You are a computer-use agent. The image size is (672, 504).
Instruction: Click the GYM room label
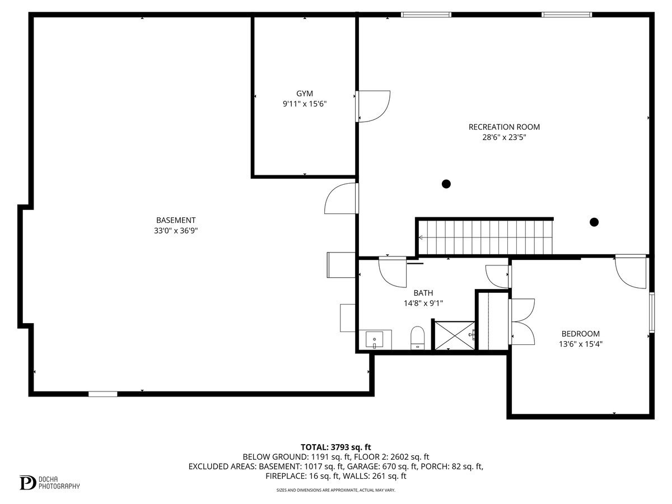305,94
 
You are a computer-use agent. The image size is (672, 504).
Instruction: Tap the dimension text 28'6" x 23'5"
504,137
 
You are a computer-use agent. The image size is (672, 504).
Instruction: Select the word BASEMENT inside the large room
176,220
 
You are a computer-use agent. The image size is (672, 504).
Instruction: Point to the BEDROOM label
581,334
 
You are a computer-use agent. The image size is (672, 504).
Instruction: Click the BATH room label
423,293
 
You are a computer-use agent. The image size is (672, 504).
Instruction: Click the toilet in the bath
418,338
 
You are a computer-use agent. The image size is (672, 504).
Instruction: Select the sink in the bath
374,339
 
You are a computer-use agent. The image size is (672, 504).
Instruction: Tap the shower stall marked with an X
454,335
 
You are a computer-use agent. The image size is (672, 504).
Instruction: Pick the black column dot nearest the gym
446,184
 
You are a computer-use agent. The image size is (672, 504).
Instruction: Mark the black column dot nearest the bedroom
594,222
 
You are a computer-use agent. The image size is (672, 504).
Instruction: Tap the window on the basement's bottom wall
103,394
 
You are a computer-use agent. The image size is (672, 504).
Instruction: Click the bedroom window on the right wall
651,312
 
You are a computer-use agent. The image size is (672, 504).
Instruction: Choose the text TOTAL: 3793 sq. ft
336,447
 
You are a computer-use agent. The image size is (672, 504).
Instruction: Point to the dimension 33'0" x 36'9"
176,230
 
